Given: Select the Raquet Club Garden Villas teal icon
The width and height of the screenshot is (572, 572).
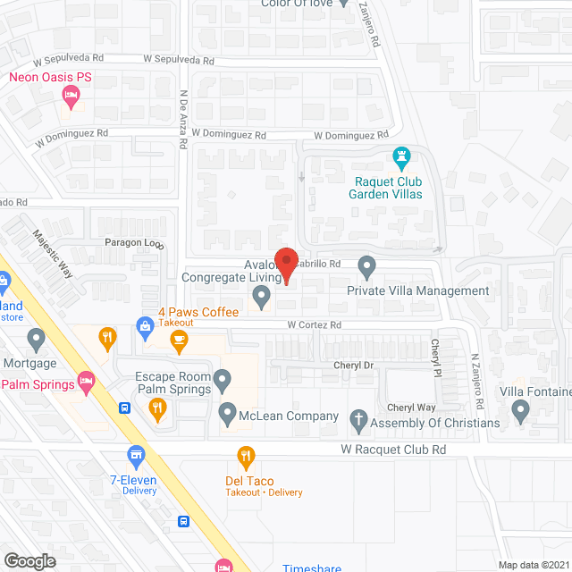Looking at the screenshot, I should [402, 159].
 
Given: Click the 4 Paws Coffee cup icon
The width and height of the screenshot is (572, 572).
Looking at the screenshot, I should [179, 339].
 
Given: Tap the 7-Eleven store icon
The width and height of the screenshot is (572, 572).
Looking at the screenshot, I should [136, 456].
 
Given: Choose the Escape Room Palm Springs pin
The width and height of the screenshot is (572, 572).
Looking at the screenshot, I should [224, 383].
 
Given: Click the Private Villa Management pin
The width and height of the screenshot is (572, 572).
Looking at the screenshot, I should [366, 265].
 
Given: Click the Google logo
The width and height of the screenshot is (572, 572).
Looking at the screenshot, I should [29, 560].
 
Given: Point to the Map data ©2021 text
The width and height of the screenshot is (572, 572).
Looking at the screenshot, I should [533, 564].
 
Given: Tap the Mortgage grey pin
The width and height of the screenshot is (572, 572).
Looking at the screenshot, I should [36, 339].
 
